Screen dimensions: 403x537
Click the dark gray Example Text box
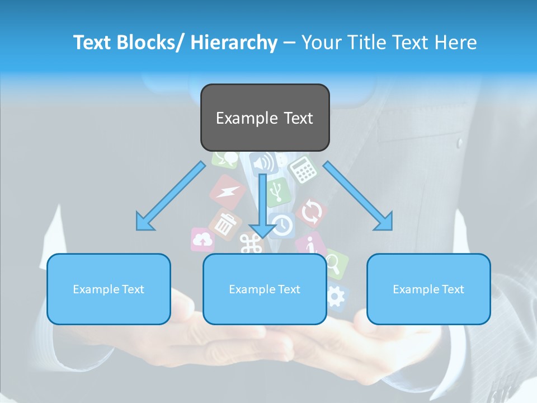265,118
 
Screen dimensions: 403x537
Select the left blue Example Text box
109,289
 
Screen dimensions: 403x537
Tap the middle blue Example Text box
265,289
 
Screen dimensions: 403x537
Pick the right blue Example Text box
428,289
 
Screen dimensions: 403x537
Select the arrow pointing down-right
358,196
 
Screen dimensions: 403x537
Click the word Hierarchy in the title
233,43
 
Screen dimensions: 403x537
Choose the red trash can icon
225,224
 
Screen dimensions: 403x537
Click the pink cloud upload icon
202,240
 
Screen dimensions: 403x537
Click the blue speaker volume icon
263,163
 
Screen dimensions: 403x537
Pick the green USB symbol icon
277,191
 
